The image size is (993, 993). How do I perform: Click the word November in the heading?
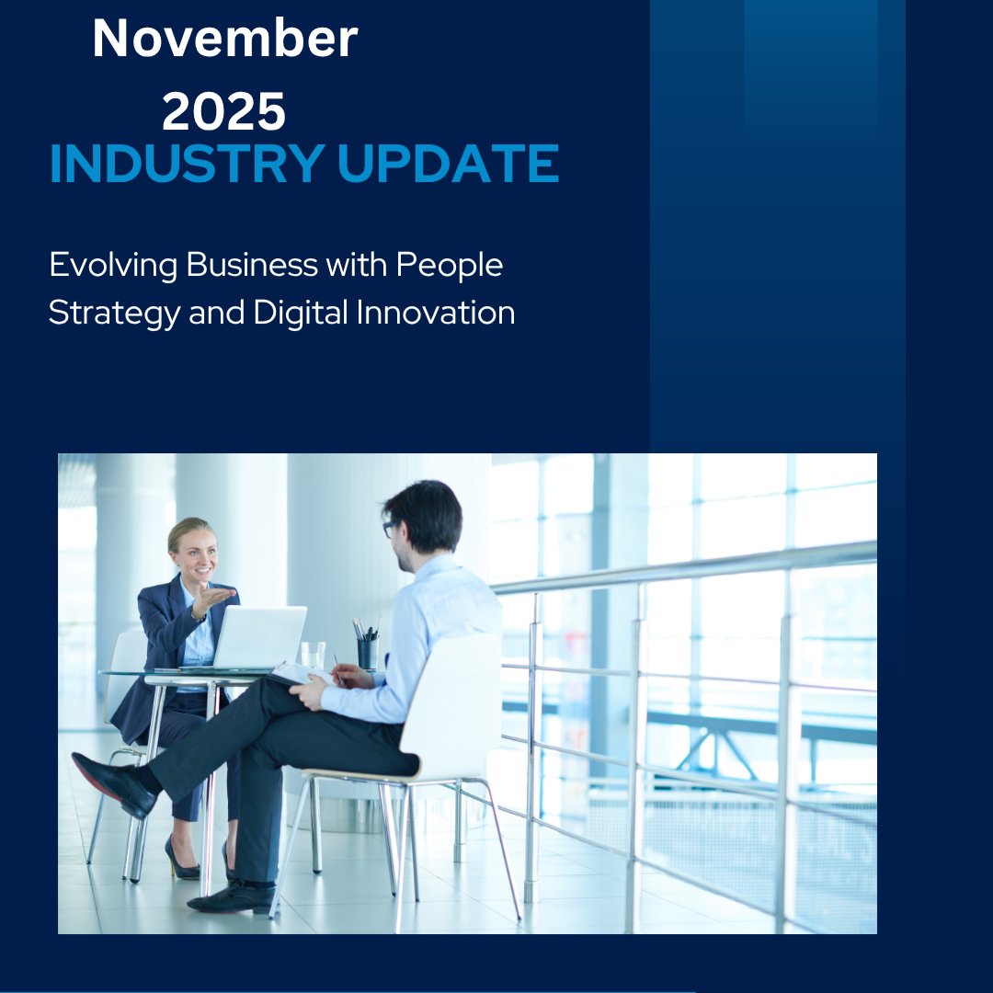click(x=224, y=40)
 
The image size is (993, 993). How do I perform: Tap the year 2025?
click(x=223, y=112)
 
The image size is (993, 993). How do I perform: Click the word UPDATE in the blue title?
click(x=448, y=165)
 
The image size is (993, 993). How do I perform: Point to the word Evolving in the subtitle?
click(x=113, y=266)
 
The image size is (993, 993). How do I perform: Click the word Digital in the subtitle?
click(x=301, y=314)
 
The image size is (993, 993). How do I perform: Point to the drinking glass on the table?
click(x=313, y=655)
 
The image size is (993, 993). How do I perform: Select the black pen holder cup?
click(x=368, y=652)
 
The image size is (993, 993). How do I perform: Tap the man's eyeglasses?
click(x=391, y=529)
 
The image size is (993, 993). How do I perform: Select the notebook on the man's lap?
click(x=299, y=674)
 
